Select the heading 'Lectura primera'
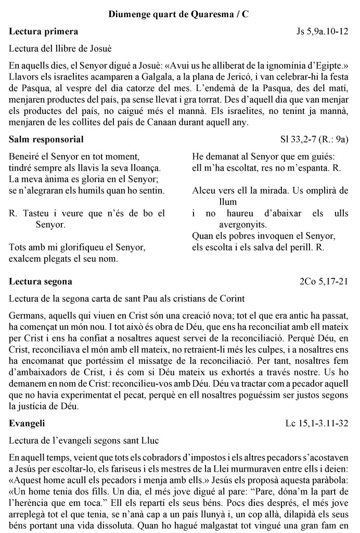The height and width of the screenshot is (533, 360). click(x=44, y=32)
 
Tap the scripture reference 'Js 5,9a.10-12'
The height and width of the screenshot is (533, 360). click(x=319, y=32)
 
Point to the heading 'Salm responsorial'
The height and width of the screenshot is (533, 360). click(x=47, y=139)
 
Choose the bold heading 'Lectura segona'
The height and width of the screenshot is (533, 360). click(x=41, y=282)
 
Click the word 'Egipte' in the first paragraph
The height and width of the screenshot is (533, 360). click(x=326, y=67)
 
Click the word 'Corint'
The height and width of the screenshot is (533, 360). click(x=232, y=298)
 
